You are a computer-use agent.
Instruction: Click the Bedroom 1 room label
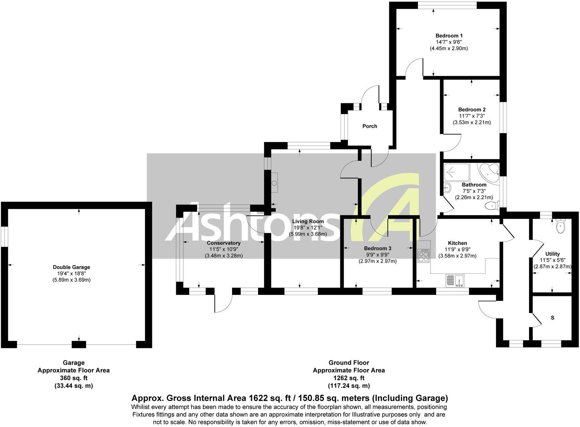click(x=449, y=36)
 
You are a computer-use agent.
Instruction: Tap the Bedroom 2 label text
click(x=471, y=110)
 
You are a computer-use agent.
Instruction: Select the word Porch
click(x=369, y=126)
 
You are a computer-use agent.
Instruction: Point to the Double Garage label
click(x=71, y=267)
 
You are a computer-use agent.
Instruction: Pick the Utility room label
click(x=552, y=254)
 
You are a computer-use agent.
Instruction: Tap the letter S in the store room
click(x=553, y=317)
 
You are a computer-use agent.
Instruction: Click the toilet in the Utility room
click(x=560, y=226)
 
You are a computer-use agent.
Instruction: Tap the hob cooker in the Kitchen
click(x=424, y=256)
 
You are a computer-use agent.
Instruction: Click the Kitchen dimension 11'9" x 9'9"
click(x=457, y=250)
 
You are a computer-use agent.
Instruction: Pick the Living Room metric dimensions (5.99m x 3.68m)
click(x=308, y=234)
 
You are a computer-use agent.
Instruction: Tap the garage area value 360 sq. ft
click(x=74, y=378)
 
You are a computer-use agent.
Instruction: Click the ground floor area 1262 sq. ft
click(x=349, y=378)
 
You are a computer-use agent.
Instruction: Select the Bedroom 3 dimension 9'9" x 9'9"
click(x=377, y=255)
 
